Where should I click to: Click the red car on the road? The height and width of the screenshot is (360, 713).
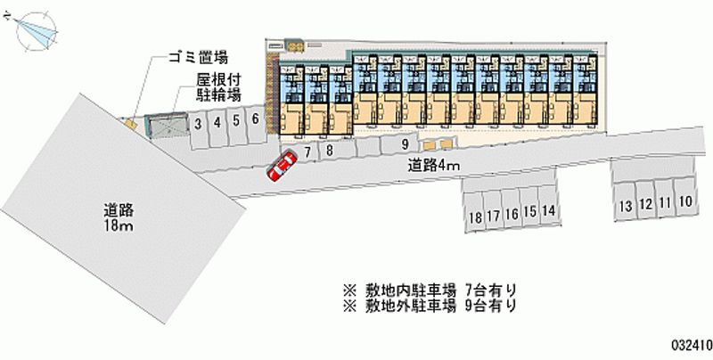point(282,167)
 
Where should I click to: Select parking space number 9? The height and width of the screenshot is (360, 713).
point(405,144)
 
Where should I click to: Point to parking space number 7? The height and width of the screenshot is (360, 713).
point(307,152)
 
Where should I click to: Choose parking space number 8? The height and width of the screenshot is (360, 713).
point(329,151)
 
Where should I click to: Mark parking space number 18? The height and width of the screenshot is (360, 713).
point(472,217)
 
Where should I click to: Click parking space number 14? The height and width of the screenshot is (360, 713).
point(549,211)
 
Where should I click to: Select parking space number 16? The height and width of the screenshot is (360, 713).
point(511,214)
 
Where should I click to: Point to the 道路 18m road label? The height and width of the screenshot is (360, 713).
point(118,218)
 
